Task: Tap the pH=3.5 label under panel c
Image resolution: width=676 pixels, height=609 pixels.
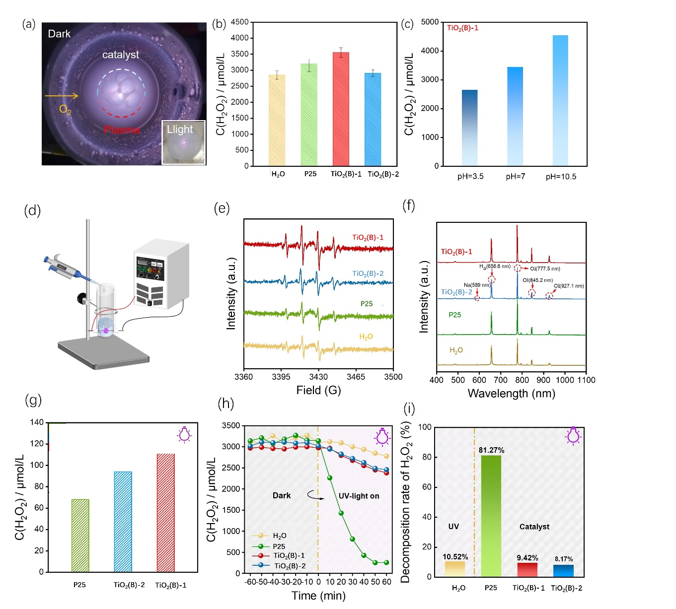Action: tap(470, 177)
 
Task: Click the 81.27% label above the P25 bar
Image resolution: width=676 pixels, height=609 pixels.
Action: tap(491, 450)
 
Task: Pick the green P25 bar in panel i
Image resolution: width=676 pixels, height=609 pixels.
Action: tap(491, 516)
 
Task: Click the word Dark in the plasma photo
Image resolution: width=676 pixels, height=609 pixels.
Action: tap(59, 34)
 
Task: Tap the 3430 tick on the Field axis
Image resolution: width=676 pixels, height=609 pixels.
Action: tap(318, 377)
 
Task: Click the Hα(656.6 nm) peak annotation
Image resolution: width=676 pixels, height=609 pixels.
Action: tap(495, 267)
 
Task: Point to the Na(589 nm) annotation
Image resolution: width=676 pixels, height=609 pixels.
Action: tap(477, 285)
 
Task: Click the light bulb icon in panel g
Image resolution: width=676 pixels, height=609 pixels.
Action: tap(184, 434)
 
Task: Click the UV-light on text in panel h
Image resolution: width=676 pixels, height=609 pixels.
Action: tap(359, 496)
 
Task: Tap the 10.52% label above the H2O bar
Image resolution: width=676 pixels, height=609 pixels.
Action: tap(455, 557)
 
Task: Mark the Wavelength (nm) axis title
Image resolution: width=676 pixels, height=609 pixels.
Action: tap(511, 394)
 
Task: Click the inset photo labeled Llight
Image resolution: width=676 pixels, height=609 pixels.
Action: tap(183, 142)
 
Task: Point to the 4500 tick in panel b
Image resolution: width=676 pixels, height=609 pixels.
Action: tap(239, 22)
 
